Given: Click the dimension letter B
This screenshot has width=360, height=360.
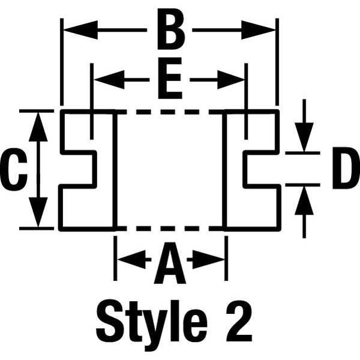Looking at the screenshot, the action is (x=170, y=29).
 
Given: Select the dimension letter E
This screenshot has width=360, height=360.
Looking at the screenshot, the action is (x=170, y=78).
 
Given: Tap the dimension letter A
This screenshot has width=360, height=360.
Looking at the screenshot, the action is (x=170, y=263).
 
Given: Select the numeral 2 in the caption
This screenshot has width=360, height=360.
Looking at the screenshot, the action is (x=239, y=320).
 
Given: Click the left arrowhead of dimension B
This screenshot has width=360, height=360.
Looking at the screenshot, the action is (x=80, y=30).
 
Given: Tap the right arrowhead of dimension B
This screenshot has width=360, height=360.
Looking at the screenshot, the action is (x=258, y=30).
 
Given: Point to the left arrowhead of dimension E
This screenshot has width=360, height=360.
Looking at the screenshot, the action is (x=109, y=80).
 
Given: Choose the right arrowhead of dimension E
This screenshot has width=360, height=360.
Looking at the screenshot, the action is (x=231, y=80).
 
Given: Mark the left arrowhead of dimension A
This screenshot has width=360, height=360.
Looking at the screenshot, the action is (x=131, y=260).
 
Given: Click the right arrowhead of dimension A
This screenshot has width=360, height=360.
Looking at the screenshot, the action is (x=208, y=260).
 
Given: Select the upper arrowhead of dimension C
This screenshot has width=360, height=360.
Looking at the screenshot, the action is (x=38, y=127).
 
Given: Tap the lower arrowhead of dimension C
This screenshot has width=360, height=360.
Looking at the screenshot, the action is (x=38, y=212).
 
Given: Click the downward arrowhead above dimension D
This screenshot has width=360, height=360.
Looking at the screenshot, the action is (x=304, y=137).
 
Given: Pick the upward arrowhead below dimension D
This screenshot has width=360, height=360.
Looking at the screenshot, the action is (x=304, y=200).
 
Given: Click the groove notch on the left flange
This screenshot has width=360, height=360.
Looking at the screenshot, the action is (x=78, y=169).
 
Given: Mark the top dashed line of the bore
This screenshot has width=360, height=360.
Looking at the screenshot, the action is (x=170, y=112).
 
